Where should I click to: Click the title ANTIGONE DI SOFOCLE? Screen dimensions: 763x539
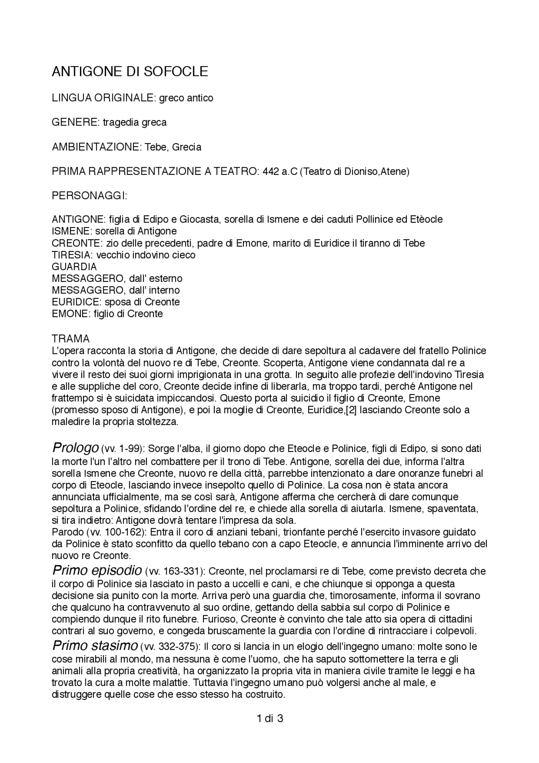(130, 72)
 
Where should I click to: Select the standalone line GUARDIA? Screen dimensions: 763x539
(74, 267)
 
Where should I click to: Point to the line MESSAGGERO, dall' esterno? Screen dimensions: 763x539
(117, 278)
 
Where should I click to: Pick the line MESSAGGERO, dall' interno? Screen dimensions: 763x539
(115, 290)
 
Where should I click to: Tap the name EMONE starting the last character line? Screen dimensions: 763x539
(68, 314)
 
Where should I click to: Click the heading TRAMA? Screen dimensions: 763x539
(70, 339)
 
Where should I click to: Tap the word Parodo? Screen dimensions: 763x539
(67, 532)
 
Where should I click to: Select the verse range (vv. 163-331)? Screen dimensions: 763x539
(175, 572)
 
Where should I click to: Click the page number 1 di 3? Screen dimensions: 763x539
(269, 718)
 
